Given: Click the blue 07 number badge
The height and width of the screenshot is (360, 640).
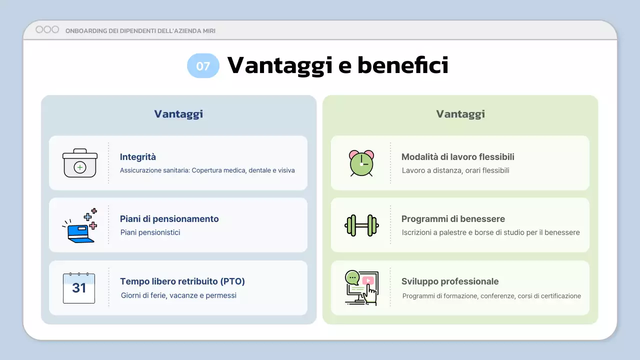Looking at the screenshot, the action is coord(203,65).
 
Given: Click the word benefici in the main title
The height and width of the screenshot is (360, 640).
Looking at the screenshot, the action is coord(403,65).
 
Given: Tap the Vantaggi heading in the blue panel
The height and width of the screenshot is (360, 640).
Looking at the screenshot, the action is coord(178,114).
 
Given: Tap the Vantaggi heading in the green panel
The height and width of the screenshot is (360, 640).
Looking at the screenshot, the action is coord(460,114).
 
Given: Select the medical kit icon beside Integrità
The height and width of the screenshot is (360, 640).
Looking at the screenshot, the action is coord(80,163).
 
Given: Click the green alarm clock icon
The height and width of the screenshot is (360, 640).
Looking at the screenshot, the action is coord(361,163).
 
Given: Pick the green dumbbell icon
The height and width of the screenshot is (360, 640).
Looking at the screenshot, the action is coord(361,225).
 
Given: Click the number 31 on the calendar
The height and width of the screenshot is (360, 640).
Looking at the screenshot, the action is coord(79,288).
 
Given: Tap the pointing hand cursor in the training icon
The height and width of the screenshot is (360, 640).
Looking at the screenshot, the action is coord(371,295).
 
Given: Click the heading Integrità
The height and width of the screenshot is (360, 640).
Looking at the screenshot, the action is coord(137,157).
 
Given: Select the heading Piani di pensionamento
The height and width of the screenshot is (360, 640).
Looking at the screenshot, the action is coord(169,219).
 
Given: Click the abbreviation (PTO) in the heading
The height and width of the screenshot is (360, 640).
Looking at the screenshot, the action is coord(232,281).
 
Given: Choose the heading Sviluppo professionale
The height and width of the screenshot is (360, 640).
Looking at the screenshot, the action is coord(450,281).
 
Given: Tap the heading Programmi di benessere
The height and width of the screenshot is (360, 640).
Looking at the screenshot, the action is coord(453,219).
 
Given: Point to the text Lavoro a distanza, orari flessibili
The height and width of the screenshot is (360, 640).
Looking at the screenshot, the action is coord(455,170).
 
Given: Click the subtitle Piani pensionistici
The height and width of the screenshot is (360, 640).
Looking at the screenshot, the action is coord(150,232).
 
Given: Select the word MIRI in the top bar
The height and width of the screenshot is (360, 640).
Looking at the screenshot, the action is coord(209,31).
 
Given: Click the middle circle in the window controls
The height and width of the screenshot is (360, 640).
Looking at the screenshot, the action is coord(47,29).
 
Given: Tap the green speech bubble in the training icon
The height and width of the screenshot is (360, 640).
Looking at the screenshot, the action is coord(352,277).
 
